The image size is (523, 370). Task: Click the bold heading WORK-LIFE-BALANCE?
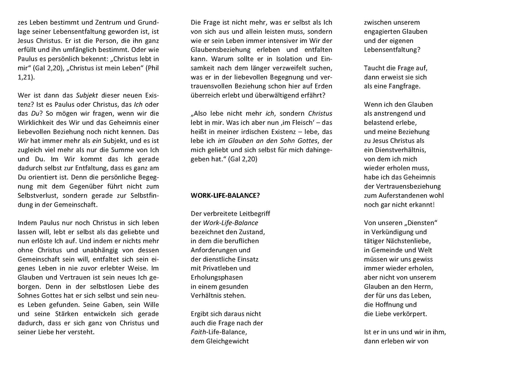[x=225, y=195]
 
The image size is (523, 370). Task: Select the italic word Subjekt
[x=87, y=96]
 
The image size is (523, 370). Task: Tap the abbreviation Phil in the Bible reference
[x=153, y=68]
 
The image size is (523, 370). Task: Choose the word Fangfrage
[x=404, y=86]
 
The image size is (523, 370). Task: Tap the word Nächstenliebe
[x=409, y=241]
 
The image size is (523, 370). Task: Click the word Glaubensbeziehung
[x=221, y=50]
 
